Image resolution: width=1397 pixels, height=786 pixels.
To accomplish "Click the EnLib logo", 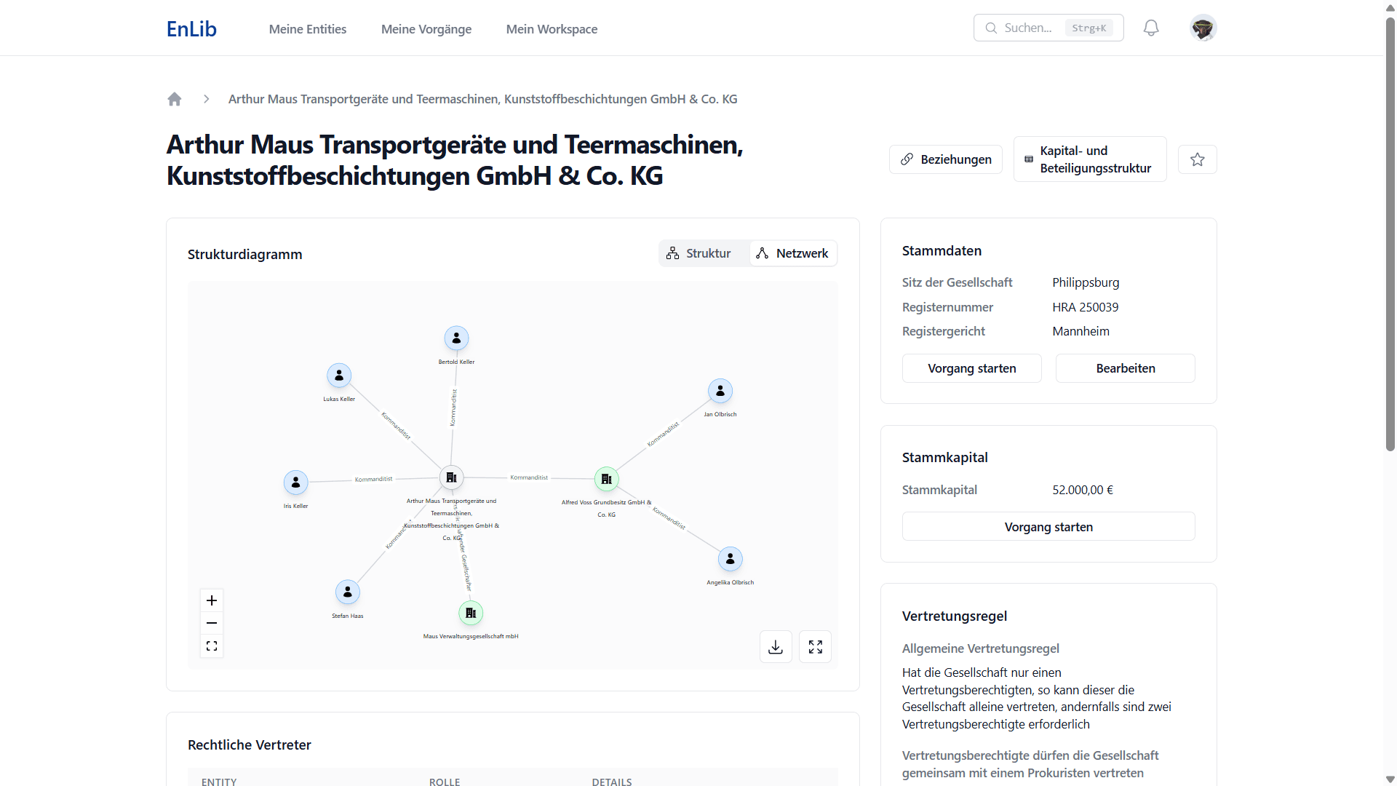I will tap(191, 29).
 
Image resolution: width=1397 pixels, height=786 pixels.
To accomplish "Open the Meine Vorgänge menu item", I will tap(426, 29).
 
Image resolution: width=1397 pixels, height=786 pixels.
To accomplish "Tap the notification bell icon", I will tap(1151, 28).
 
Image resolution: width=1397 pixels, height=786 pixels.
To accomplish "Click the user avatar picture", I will tap(1203, 28).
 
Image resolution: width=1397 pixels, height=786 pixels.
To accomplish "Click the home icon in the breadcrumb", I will tap(175, 99).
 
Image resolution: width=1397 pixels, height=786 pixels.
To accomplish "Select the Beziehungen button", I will tap(946, 159).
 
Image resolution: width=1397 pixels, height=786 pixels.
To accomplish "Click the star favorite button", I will tap(1198, 159).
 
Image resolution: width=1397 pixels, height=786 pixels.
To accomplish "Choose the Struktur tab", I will tap(699, 253).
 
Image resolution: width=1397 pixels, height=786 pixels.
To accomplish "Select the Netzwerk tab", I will tap(793, 253).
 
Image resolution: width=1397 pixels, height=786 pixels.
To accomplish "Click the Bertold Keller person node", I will tap(456, 338).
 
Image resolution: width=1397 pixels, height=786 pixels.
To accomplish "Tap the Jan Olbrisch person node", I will tap(720, 392).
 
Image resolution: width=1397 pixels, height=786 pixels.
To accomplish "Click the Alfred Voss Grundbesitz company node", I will tap(607, 479).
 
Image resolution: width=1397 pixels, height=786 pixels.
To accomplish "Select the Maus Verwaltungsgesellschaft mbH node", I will tap(471, 614).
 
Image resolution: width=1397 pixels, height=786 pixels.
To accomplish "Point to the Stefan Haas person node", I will tap(348, 592).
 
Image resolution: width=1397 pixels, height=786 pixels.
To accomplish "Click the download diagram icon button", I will tap(776, 647).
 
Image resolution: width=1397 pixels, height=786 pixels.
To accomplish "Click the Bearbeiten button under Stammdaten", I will tap(1125, 368).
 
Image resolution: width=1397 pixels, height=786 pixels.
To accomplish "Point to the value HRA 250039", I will tap(1085, 307).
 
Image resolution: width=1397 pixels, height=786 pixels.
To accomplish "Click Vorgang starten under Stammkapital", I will tap(1048, 527).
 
